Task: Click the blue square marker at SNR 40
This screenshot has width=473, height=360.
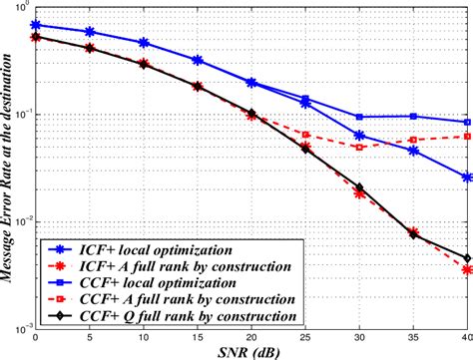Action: click(x=467, y=122)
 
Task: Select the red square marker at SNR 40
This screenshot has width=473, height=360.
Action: click(x=467, y=136)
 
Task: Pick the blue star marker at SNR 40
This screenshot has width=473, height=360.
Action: click(x=467, y=177)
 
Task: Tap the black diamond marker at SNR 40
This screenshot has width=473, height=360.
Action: click(x=467, y=257)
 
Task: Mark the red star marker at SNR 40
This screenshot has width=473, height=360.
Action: click(x=467, y=269)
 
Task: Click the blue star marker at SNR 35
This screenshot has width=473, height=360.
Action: click(x=413, y=151)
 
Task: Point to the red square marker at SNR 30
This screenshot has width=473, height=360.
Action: click(x=359, y=147)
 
